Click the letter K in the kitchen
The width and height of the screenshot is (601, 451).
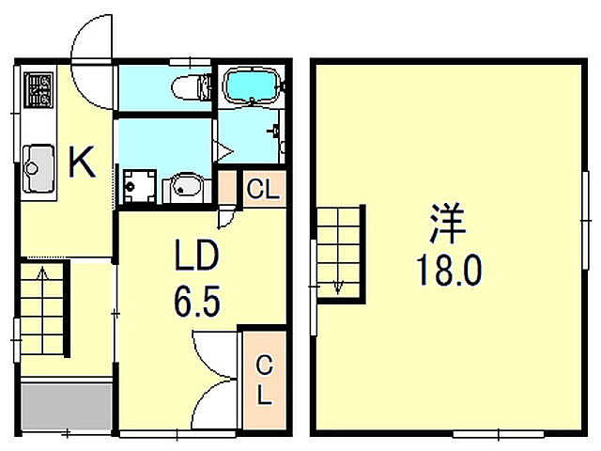[x=82, y=164]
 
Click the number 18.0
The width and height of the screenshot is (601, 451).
[x=449, y=272]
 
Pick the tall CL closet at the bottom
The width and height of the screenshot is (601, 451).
[x=264, y=378]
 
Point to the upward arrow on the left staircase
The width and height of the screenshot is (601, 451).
[x=40, y=275]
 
